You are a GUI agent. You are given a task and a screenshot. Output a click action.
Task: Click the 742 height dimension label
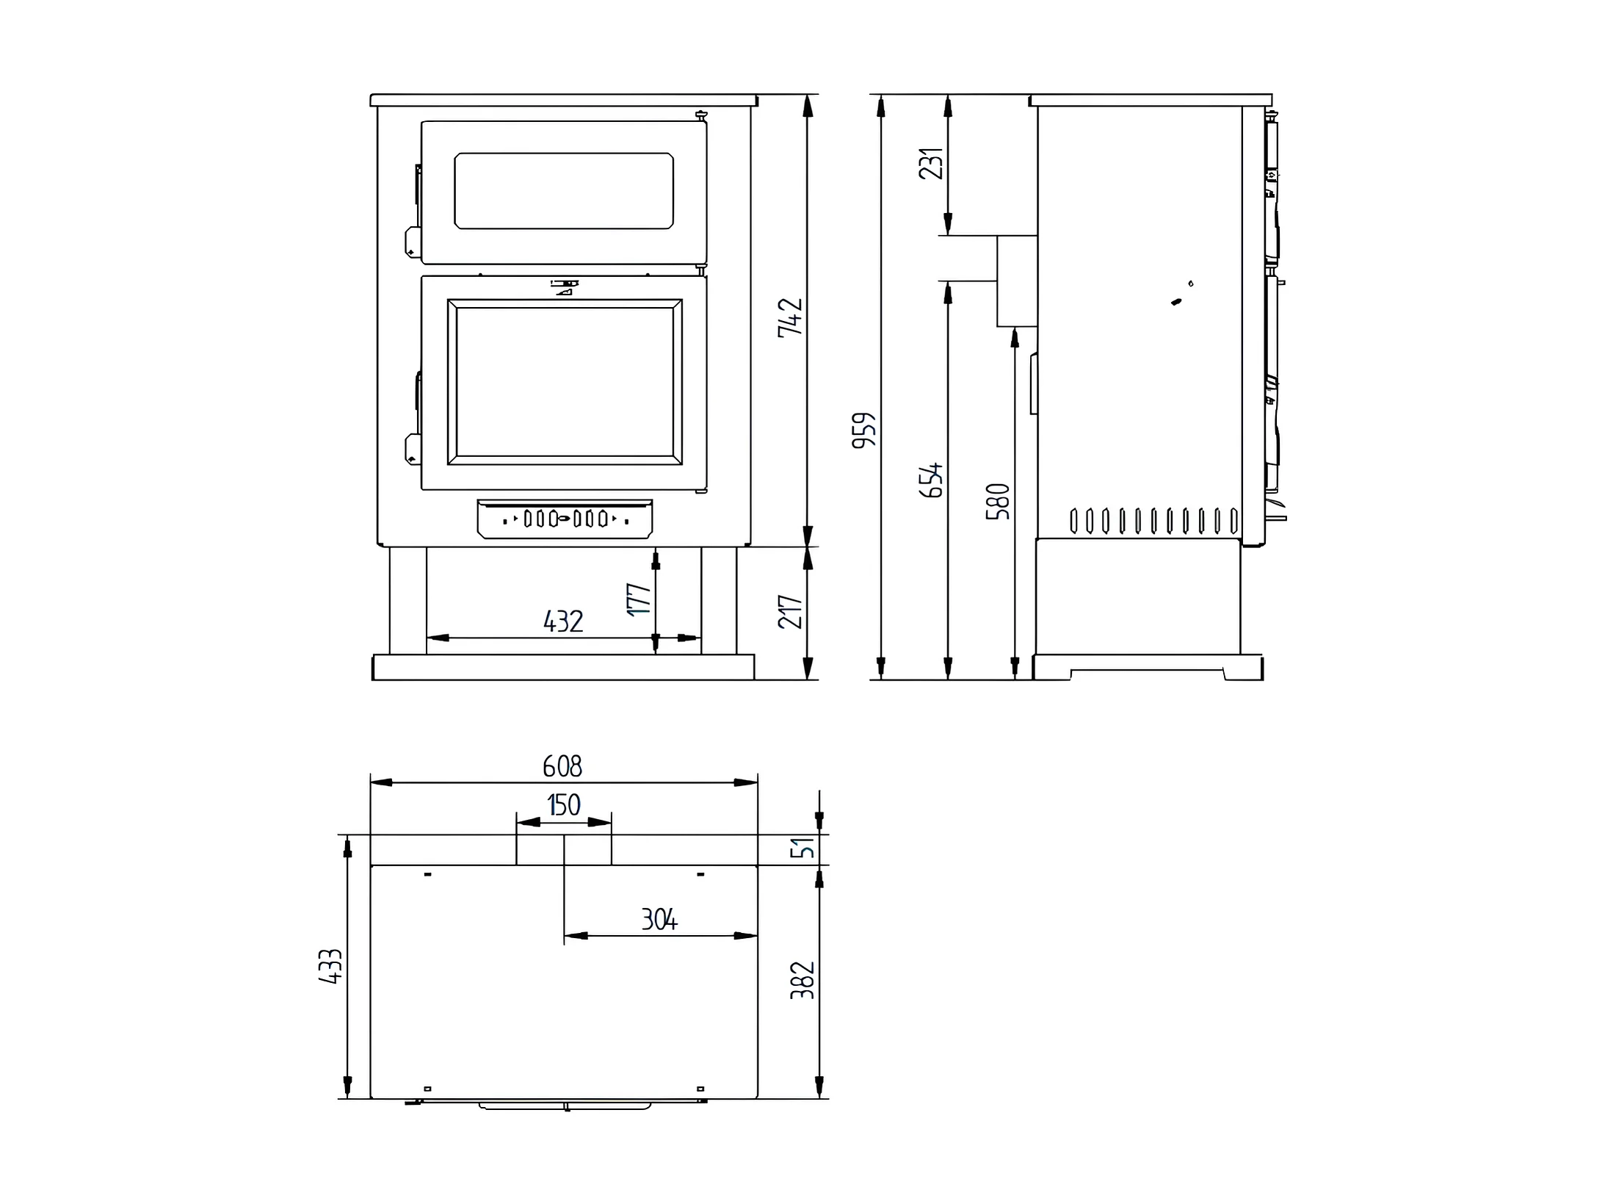coord(791,317)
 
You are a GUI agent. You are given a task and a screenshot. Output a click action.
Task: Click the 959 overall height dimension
coord(864,430)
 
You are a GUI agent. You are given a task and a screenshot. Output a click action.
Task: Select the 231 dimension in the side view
coord(931,164)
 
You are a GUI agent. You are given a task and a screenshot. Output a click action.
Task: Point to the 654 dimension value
coord(931,480)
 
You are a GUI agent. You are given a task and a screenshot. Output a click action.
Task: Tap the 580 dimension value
coord(998,502)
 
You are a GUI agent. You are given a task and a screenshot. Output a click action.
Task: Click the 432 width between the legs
coord(563,621)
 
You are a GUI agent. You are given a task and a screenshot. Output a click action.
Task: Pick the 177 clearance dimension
coord(639,599)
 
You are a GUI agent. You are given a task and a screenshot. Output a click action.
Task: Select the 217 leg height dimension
coord(791,611)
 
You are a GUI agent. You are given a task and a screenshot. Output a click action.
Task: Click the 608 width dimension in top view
coord(562,766)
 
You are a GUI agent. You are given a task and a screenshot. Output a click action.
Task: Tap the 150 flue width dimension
coord(564,805)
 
